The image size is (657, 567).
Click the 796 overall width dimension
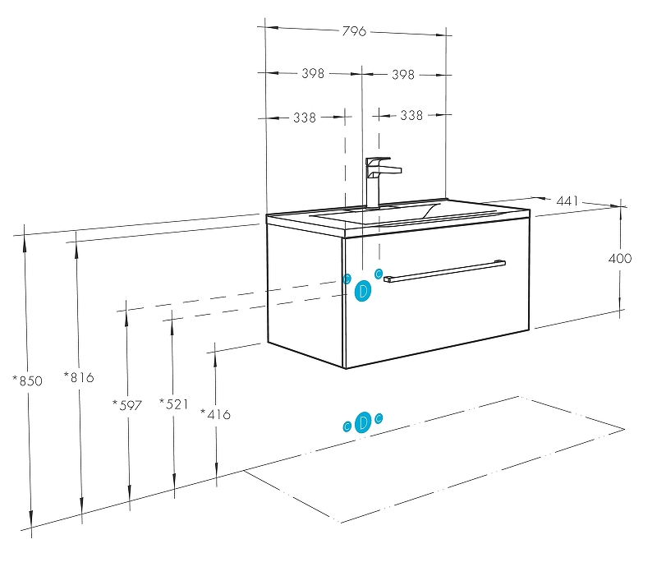[354, 31]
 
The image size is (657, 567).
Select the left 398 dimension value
[313, 73]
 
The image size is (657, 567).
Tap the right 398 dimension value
[403, 75]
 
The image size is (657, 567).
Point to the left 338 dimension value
[305, 118]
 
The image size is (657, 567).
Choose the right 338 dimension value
[411, 115]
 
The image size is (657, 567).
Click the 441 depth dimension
[567, 201]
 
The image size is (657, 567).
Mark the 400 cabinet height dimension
[620, 258]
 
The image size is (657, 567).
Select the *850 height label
[27, 380]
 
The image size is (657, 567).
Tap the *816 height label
[79, 377]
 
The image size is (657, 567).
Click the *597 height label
[127, 405]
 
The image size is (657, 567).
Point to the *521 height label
[173, 403]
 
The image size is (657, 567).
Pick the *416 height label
[215, 414]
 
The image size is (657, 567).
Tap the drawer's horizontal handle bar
[444, 271]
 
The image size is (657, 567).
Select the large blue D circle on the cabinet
[363, 291]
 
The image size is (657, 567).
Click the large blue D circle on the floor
[363, 422]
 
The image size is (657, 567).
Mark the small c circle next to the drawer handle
[379, 274]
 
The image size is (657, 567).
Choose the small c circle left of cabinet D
[347, 279]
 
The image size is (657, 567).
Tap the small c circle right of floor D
[379, 418]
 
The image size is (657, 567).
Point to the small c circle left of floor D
[347, 426]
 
